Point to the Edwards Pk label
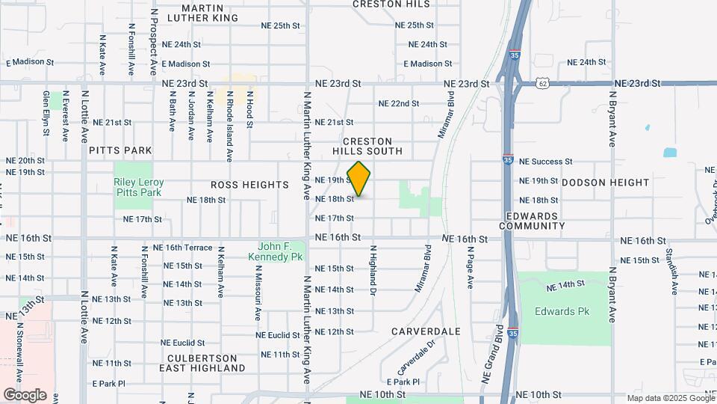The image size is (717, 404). tap(556, 311)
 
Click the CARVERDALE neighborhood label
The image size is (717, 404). tap(426, 331)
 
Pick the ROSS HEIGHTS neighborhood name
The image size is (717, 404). tap(249, 185)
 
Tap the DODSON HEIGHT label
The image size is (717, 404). tap(606, 183)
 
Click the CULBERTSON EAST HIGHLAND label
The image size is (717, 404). tap(202, 363)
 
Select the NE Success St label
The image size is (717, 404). tap(545, 161)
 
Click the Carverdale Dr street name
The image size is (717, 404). tap(415, 358)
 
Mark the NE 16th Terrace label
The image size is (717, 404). tap(182, 248)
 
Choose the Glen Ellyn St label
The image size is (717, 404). tap(46, 113)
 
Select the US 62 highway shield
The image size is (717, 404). tap(541, 84)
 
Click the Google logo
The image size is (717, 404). tap(25, 394)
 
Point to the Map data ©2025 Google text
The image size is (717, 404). tap(670, 398)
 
